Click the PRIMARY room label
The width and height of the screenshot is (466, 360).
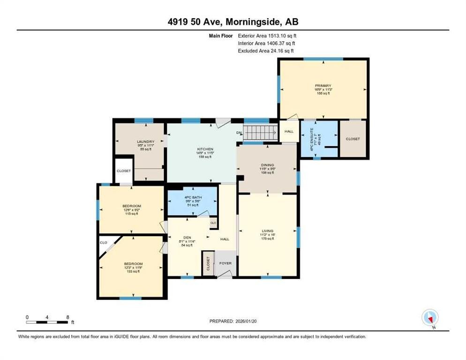coord(323,86)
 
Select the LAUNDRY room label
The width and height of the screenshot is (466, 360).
coord(145,142)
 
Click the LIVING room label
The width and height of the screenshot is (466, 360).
coord(267,231)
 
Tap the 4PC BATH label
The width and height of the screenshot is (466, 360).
coord(193,199)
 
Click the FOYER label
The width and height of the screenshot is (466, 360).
coord(225,263)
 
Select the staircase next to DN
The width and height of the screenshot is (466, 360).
coord(261,133)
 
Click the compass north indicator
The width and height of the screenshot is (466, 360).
coord(429,317)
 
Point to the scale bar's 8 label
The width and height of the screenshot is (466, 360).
coord(68,317)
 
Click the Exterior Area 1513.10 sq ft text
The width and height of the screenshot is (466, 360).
coord(267,35)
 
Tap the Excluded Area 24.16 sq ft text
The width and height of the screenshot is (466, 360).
coord(266,51)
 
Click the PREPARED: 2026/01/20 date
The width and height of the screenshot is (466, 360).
coord(233,321)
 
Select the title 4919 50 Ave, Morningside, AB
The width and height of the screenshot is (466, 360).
coord(233,22)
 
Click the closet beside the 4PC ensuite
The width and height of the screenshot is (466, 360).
coord(353,139)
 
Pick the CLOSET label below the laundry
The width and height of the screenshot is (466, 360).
coord(124,171)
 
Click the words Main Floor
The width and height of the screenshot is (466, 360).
coord(222,35)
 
